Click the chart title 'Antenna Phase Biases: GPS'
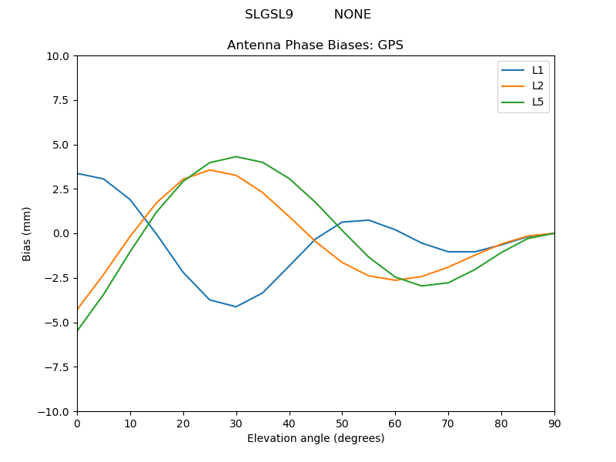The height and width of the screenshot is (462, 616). click(x=315, y=45)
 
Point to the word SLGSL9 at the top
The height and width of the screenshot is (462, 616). click(x=269, y=15)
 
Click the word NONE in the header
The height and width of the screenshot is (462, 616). click(x=352, y=15)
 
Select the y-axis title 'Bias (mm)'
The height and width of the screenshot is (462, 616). click(x=27, y=233)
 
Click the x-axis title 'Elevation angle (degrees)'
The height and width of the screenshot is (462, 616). click(x=315, y=439)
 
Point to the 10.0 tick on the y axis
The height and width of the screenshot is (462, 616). click(x=59, y=56)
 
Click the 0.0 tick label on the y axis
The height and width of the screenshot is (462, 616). click(x=62, y=233)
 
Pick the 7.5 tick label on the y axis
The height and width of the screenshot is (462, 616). click(x=62, y=100)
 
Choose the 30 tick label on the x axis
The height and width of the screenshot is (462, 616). click(x=236, y=423)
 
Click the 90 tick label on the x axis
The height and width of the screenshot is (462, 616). click(x=554, y=423)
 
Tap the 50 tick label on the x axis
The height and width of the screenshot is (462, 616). click(x=342, y=423)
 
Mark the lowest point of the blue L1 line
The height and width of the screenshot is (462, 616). click(x=236, y=306)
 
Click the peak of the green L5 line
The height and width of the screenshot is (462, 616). click(x=236, y=156)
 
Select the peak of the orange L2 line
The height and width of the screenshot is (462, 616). click(x=209, y=170)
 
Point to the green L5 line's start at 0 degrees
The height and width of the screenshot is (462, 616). click(x=78, y=330)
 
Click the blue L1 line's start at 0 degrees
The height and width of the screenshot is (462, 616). click(x=78, y=173)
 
